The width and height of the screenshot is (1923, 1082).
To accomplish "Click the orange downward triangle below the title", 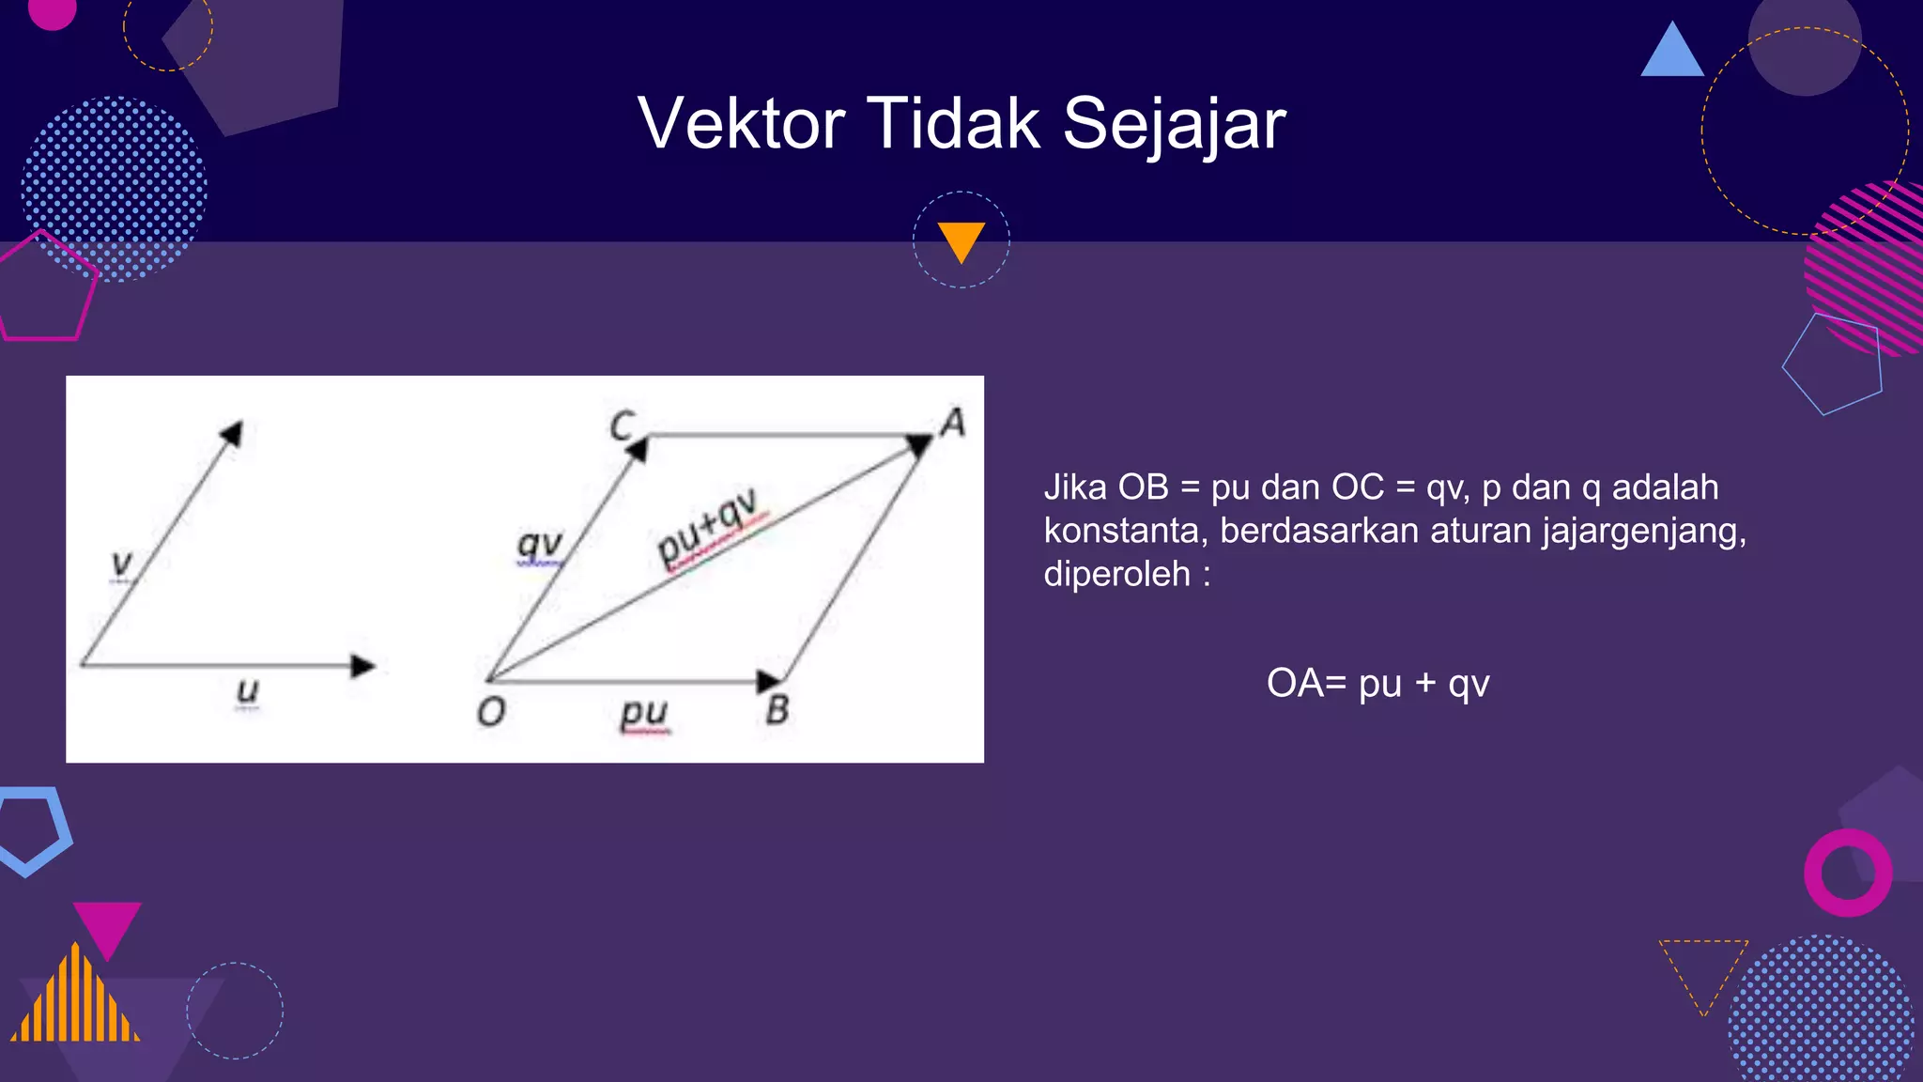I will tap(961, 240).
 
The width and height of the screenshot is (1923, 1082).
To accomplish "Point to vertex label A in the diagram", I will tap(953, 423).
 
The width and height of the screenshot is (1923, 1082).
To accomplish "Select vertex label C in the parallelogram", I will tap(622, 425).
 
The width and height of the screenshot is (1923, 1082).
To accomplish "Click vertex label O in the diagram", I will tap(491, 712).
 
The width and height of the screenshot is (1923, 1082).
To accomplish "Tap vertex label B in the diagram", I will tap(777, 710).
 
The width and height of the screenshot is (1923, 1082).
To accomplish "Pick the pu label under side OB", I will tap(644, 712).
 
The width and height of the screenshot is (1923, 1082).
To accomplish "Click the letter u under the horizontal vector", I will tap(247, 690).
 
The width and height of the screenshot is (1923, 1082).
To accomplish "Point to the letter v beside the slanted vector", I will tap(122, 564).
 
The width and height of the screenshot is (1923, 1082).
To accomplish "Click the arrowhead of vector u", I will tap(362, 666).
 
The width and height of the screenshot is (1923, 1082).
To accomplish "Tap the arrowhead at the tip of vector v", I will tap(232, 433).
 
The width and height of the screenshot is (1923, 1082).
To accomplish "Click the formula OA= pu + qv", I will tap(1377, 683).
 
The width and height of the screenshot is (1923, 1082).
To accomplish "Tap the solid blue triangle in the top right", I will tap(1672, 53).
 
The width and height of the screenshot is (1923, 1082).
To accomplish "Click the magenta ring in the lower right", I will tap(1847, 873).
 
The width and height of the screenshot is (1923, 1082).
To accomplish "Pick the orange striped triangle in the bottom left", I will tap(75, 997).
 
